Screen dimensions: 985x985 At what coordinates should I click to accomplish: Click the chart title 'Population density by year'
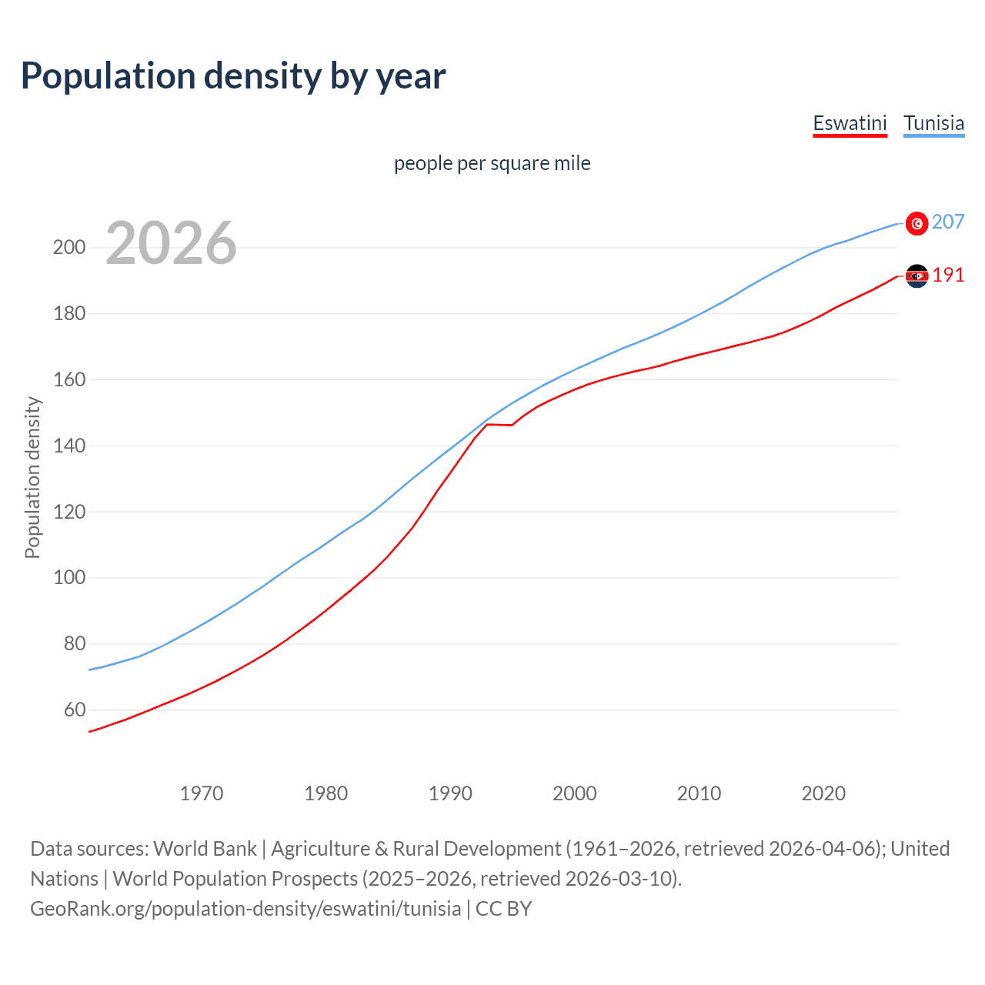(x=233, y=76)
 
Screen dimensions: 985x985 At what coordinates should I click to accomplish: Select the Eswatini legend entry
(x=850, y=123)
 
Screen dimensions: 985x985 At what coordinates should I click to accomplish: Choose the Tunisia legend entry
(x=933, y=123)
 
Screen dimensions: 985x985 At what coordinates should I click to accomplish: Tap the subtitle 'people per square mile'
(x=492, y=163)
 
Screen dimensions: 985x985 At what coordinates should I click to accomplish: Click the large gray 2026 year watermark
(x=171, y=243)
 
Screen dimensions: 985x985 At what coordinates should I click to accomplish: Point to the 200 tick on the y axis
(x=68, y=248)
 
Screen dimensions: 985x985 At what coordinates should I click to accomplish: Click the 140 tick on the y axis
(x=68, y=446)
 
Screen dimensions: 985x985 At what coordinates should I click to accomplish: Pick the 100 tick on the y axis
(x=68, y=578)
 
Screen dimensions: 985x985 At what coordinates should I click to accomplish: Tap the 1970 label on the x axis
(x=202, y=793)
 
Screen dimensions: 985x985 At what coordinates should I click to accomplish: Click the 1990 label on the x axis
(x=450, y=793)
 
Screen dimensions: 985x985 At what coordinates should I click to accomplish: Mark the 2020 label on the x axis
(x=823, y=793)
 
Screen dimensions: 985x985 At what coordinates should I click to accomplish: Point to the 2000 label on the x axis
(x=575, y=793)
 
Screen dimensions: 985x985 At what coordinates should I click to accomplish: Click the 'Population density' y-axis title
(x=32, y=477)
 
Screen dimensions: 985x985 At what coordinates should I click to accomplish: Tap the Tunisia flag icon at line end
(x=917, y=223)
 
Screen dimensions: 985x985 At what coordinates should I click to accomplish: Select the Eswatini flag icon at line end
(x=917, y=275)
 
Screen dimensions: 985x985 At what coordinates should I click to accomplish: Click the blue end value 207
(x=948, y=222)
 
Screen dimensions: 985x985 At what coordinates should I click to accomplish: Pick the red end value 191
(x=948, y=275)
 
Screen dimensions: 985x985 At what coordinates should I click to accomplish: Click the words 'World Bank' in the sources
(x=205, y=849)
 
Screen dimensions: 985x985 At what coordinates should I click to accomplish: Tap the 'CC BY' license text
(x=504, y=909)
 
